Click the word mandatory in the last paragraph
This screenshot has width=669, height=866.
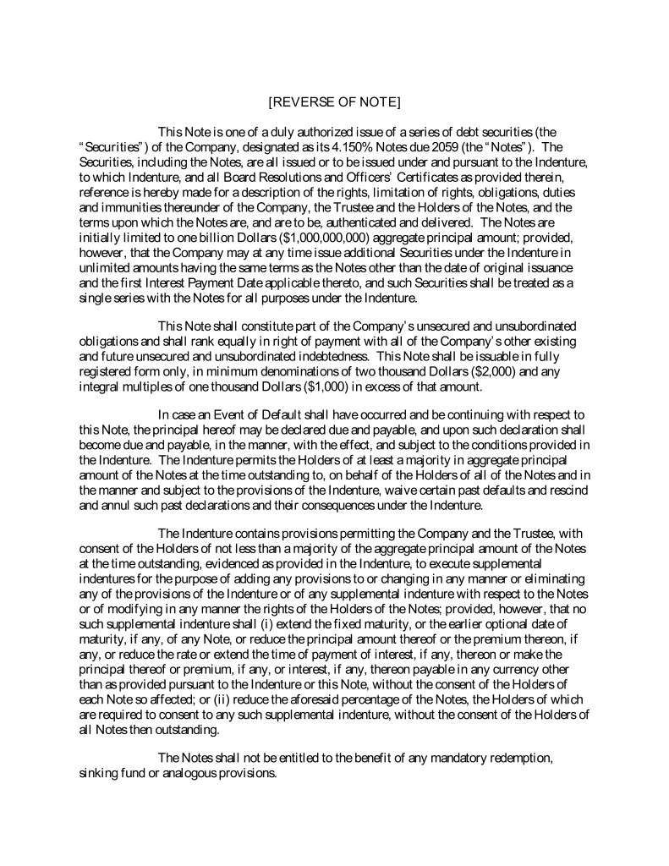447,759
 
